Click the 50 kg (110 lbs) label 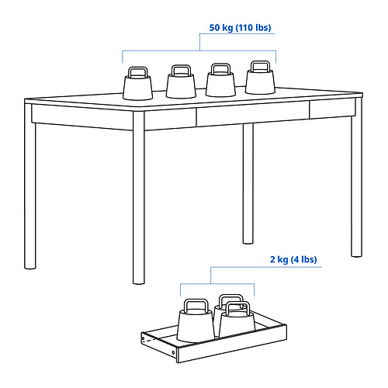(x=240, y=28)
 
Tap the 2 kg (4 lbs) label (x=293, y=259)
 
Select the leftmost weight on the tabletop (x=138, y=83)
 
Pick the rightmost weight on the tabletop (x=260, y=78)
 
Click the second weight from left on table (x=181, y=81)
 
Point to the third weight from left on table (x=220, y=80)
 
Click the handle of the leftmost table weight (x=138, y=68)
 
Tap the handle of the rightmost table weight (x=261, y=62)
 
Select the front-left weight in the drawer (x=196, y=320)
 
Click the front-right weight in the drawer (x=237, y=320)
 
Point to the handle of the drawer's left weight (x=196, y=301)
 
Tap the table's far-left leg (x=30, y=186)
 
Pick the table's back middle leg (x=248, y=184)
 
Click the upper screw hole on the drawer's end (x=144, y=338)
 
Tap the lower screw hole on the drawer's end (x=174, y=352)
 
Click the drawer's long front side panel (x=232, y=343)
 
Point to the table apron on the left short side (x=82, y=117)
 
